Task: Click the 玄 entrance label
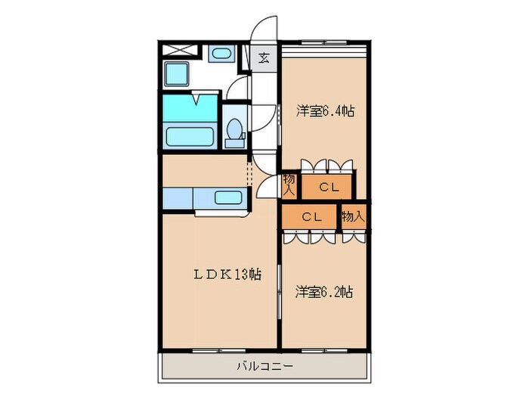coord(264,57)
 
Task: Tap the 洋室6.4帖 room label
coord(324,111)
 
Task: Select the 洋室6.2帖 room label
coord(324,290)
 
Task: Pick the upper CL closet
coord(327,187)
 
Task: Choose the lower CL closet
coord(312,216)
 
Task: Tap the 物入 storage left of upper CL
coord(290,185)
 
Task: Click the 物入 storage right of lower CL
coord(352,216)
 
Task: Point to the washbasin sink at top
coord(220,54)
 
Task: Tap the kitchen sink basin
coord(228,199)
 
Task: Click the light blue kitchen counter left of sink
coord(178,198)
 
